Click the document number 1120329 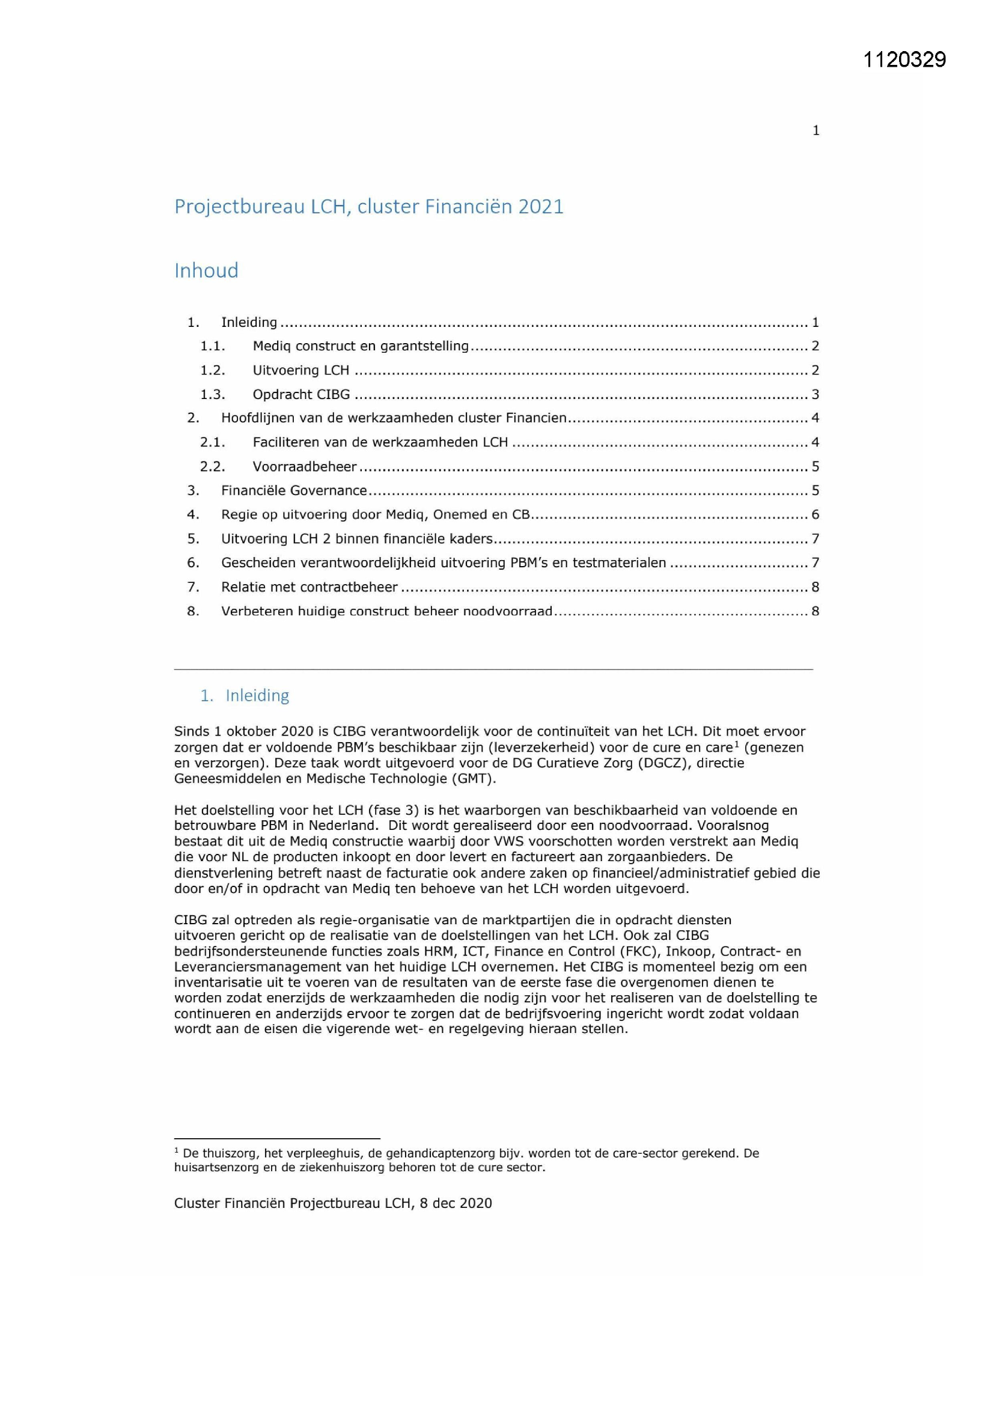tap(904, 59)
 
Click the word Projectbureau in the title tap(239, 207)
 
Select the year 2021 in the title tap(540, 207)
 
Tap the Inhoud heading tap(206, 270)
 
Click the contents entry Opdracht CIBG tap(301, 395)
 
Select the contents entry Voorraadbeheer tap(304, 467)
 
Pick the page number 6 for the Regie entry tap(815, 514)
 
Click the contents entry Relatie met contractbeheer tap(309, 588)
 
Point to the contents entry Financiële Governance tap(294, 491)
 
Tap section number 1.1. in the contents tap(212, 346)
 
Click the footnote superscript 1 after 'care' tap(737, 743)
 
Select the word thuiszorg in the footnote tap(230, 1153)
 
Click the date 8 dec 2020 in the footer tap(456, 1203)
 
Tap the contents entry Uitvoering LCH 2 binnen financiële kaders tap(357, 539)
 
